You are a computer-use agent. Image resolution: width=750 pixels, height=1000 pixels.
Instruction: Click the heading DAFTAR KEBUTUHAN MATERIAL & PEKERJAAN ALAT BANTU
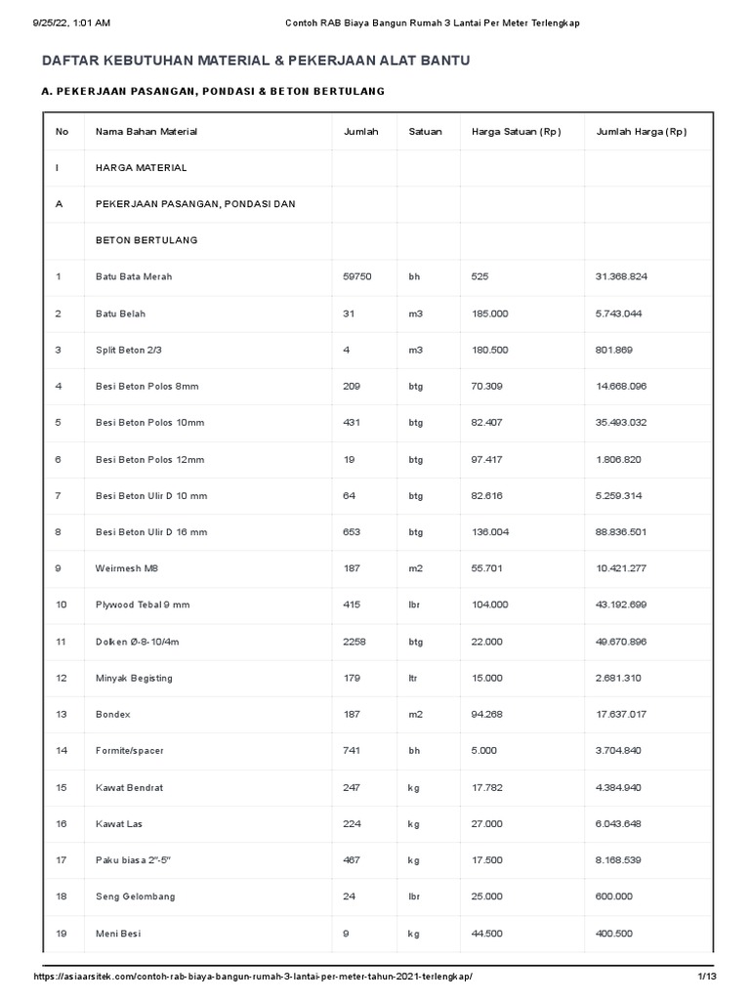(x=256, y=61)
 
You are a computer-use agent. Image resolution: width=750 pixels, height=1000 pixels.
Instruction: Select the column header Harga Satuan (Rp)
(x=516, y=132)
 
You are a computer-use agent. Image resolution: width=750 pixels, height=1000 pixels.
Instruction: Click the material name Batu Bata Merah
(x=134, y=277)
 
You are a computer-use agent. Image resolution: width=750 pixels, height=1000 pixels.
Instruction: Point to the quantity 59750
(x=357, y=277)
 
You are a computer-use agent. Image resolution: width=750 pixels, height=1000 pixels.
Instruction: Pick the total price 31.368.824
(x=621, y=277)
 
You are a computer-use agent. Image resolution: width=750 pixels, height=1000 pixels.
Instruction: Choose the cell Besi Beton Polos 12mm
(x=149, y=460)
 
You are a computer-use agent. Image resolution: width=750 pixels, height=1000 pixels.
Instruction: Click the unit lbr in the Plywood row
(x=415, y=605)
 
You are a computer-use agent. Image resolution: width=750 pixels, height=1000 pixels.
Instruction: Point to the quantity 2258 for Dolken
(x=354, y=642)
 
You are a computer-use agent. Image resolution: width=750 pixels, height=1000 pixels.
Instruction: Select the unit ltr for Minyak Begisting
(x=414, y=679)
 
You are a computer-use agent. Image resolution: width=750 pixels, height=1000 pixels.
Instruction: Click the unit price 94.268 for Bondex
(x=487, y=715)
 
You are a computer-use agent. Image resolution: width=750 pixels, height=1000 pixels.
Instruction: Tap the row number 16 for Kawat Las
(x=62, y=824)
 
